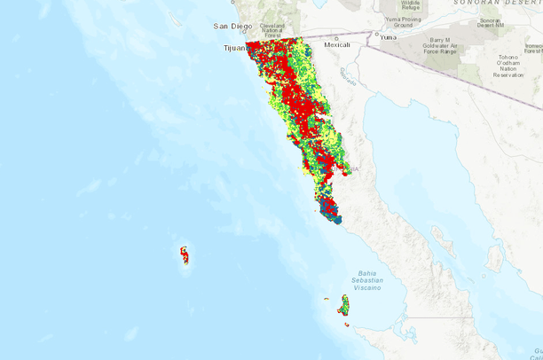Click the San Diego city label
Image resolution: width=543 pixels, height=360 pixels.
pyautogui.click(x=233, y=27)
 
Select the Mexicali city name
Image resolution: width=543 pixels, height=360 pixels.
pyautogui.click(x=338, y=44)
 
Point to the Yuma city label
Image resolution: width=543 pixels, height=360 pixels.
pyautogui.click(x=388, y=37)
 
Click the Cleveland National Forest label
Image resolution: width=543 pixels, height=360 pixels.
pyautogui.click(x=271, y=29)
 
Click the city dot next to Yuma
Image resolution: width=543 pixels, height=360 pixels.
pyautogui.click(x=376, y=38)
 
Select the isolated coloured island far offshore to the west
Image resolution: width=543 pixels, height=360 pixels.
pyautogui.click(x=185, y=255)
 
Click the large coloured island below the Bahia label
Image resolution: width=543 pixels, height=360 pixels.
pyautogui.click(x=342, y=307)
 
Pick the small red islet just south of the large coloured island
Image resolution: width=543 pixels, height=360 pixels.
pyautogui.click(x=347, y=325)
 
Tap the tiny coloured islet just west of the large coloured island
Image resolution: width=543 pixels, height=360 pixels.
pyautogui.click(x=327, y=300)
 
